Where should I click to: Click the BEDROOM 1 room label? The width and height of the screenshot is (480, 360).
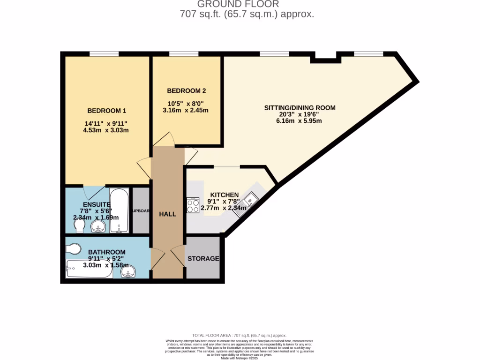(107, 111)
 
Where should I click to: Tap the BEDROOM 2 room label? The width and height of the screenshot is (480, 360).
(187, 91)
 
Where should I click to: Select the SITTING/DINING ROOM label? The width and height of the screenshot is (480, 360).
(300, 108)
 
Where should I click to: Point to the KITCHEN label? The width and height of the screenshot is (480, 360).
(224, 195)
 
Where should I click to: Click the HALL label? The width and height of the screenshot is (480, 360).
(167, 214)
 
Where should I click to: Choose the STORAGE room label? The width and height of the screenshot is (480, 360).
(203, 259)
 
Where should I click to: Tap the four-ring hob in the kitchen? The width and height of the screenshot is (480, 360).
(193, 205)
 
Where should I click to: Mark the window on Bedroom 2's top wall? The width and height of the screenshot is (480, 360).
(184, 54)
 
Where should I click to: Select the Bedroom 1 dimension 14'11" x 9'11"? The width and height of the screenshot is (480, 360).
(106, 124)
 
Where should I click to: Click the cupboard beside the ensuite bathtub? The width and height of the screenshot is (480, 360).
(141, 210)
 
